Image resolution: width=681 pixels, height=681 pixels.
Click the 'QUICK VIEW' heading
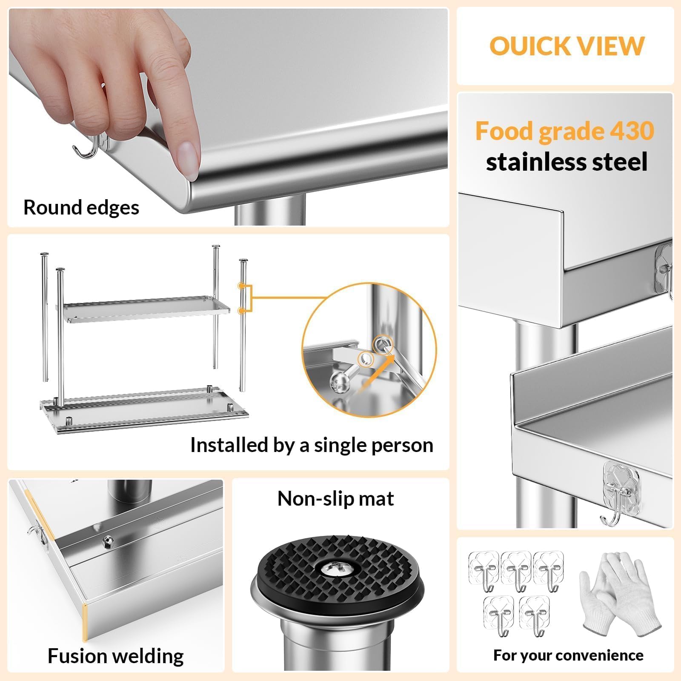coord(567,46)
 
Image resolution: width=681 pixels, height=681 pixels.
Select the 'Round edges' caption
coord(81,208)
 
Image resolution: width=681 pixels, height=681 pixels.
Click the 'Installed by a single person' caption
coord(312,445)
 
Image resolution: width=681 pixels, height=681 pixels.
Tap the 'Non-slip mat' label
coord(335,498)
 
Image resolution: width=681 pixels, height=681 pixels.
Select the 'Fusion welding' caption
coord(115,656)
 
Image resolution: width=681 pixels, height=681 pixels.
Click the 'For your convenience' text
coord(568,655)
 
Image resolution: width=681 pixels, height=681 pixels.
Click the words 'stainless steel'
coord(567,162)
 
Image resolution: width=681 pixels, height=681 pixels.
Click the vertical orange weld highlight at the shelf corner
coord(85,622)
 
